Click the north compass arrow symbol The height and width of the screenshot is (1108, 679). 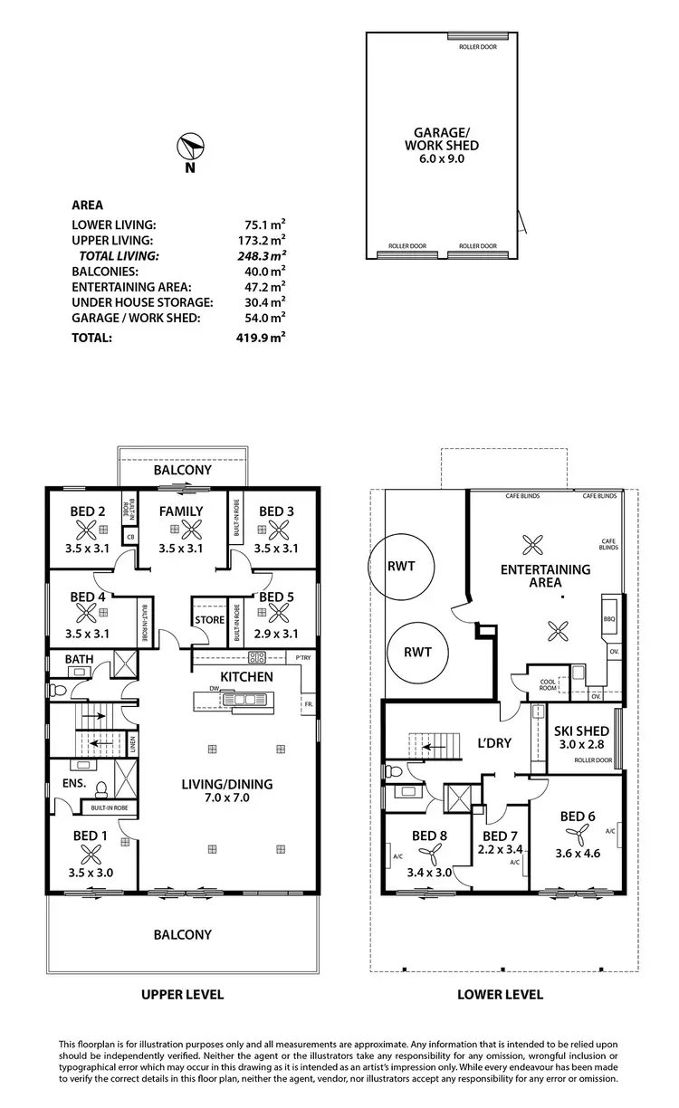pyautogui.click(x=191, y=147)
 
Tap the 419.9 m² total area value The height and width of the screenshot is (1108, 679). pyautogui.click(x=260, y=338)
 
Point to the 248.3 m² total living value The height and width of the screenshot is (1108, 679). pyautogui.click(x=260, y=256)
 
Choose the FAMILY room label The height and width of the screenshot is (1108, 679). pyautogui.click(x=181, y=511)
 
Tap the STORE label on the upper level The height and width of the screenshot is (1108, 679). pyautogui.click(x=209, y=620)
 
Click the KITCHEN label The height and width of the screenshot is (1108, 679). pyautogui.click(x=245, y=676)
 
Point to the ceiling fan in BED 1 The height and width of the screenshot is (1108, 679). pyautogui.click(x=91, y=853)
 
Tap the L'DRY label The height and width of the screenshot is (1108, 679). pyautogui.click(x=493, y=743)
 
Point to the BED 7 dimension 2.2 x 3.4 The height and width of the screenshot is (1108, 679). pyautogui.click(x=500, y=850)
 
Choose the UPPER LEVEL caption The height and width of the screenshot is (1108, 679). pyautogui.click(x=182, y=994)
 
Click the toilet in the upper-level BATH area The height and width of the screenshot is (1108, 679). pyautogui.click(x=57, y=689)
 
